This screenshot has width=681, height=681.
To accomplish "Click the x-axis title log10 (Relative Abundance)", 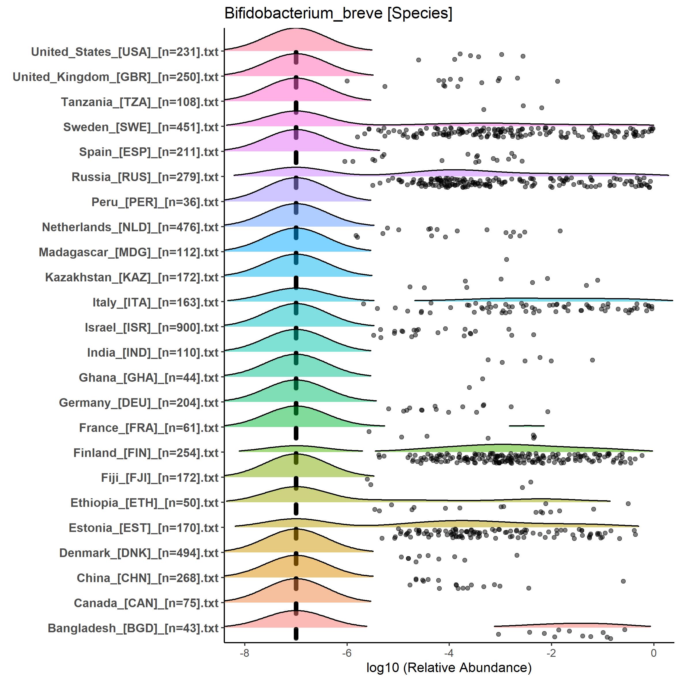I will [449, 668].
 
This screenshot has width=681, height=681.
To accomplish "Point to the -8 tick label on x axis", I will [244, 653].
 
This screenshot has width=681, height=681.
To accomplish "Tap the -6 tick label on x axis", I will [347, 653].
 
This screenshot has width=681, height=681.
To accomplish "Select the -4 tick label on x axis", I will [449, 653].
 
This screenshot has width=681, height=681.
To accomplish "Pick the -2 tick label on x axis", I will [551, 653].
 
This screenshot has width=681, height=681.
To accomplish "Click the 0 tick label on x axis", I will [654, 653].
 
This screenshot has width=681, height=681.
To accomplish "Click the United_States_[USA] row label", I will [125, 52].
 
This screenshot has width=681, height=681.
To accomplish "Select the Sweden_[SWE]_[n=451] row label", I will [141, 127].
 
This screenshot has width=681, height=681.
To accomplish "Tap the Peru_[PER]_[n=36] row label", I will [155, 202].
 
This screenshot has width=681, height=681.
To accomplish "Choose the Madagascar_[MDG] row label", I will [129, 252].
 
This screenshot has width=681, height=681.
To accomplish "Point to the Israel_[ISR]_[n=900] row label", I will [152, 328].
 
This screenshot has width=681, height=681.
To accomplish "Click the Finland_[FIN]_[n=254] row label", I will [146, 453].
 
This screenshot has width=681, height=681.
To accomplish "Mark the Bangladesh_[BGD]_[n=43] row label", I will [133, 628].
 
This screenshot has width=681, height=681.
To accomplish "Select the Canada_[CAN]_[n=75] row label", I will [146, 603].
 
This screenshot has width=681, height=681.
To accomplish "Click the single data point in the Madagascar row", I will [507, 259].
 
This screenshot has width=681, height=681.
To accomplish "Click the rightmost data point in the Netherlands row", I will [560, 231].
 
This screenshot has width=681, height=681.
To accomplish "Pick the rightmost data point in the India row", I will [592, 360].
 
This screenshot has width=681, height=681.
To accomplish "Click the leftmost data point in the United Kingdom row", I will [347, 81].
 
